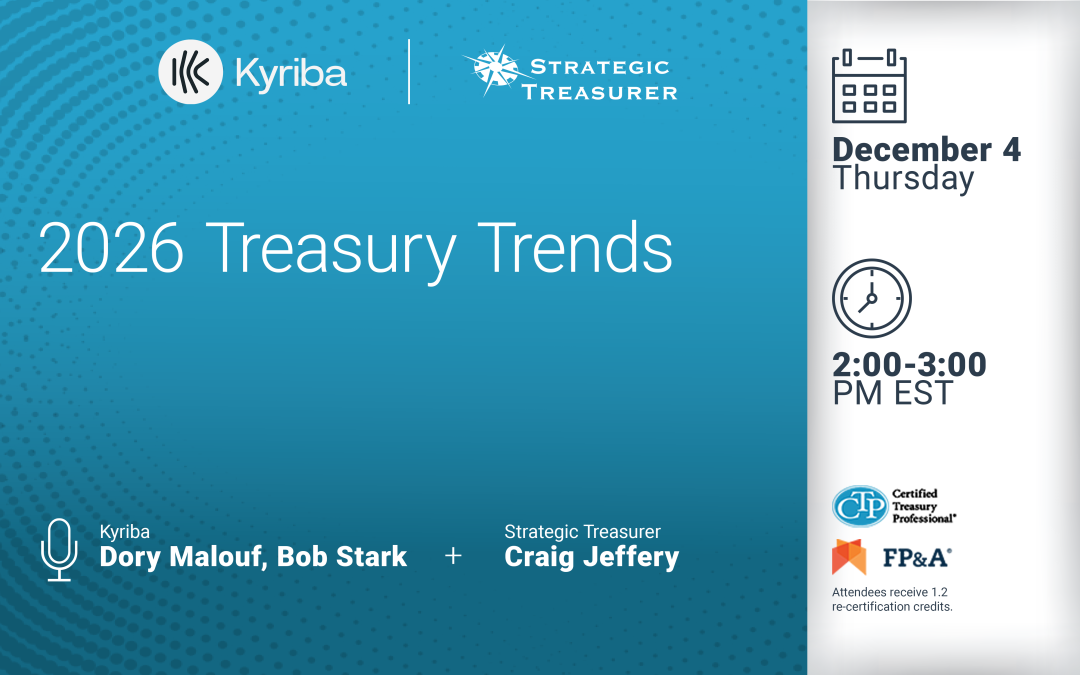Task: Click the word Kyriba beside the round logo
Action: pos(291,73)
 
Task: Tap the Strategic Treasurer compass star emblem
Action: pos(491,72)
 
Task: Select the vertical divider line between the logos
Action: pos(409,72)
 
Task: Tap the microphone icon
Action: pos(58,549)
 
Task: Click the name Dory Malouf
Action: pos(180,557)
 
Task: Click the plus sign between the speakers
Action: pos(453,556)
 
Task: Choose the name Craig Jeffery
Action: pos(592,557)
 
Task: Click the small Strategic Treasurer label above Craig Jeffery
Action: pos(582,532)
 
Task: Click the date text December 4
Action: pos(927,150)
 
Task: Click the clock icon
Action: pos(872,298)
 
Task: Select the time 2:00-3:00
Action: pos(909,365)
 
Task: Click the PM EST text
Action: pos(893,393)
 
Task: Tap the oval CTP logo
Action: pos(859,507)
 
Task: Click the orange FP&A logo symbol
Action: pos(849,558)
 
